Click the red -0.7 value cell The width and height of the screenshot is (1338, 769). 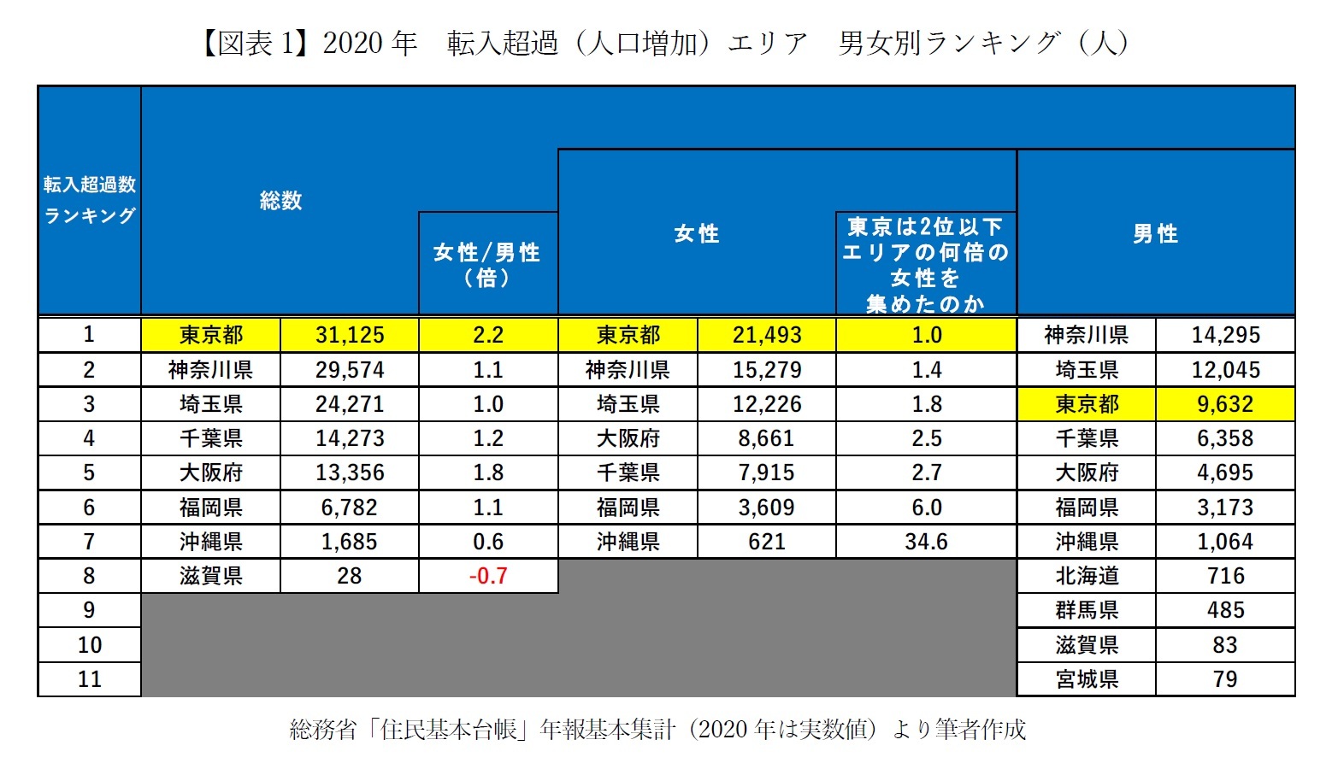[x=488, y=576]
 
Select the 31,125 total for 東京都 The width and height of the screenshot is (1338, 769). [x=350, y=335]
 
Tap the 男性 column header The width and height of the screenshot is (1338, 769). [x=1155, y=233]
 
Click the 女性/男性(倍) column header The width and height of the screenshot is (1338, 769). [x=487, y=264]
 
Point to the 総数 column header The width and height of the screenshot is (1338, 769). [x=280, y=201]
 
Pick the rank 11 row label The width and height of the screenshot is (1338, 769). [x=89, y=679]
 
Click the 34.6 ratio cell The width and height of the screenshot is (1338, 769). [x=926, y=542]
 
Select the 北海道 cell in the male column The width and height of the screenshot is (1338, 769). [x=1087, y=576]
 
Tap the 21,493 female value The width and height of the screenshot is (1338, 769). [x=767, y=335]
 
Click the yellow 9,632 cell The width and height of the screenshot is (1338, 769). [x=1225, y=404]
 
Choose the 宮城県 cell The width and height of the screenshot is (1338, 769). [x=1087, y=679]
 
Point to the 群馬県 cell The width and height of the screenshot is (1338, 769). [x=1087, y=610]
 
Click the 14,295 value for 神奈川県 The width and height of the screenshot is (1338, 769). [x=1225, y=335]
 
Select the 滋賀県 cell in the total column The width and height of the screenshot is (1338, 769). [x=211, y=576]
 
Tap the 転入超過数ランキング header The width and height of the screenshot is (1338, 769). [x=89, y=200]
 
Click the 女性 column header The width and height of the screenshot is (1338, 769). [x=696, y=233]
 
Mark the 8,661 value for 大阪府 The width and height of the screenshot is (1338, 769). [x=767, y=438]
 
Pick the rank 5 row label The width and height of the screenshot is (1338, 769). [x=89, y=473]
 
